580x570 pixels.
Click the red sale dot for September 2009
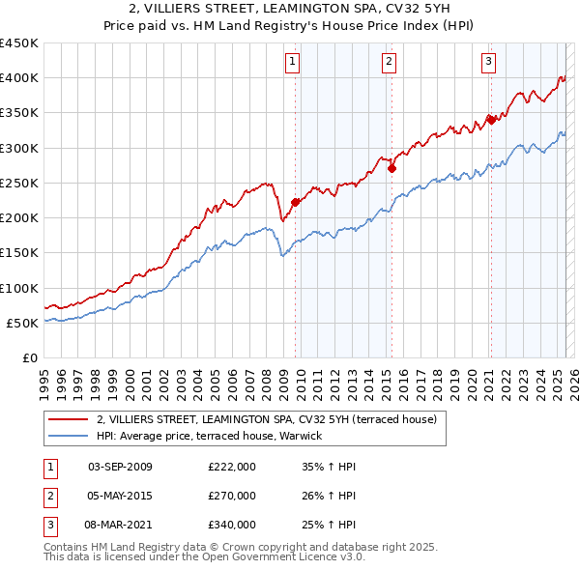(295, 202)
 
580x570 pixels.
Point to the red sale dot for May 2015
(391, 168)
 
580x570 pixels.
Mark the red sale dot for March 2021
(491, 120)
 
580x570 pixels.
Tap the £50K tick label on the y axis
(23, 323)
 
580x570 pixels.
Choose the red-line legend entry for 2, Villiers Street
(267, 419)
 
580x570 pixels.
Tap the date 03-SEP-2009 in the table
(120, 467)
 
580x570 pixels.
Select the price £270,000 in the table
(232, 496)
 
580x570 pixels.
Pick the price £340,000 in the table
(232, 525)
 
